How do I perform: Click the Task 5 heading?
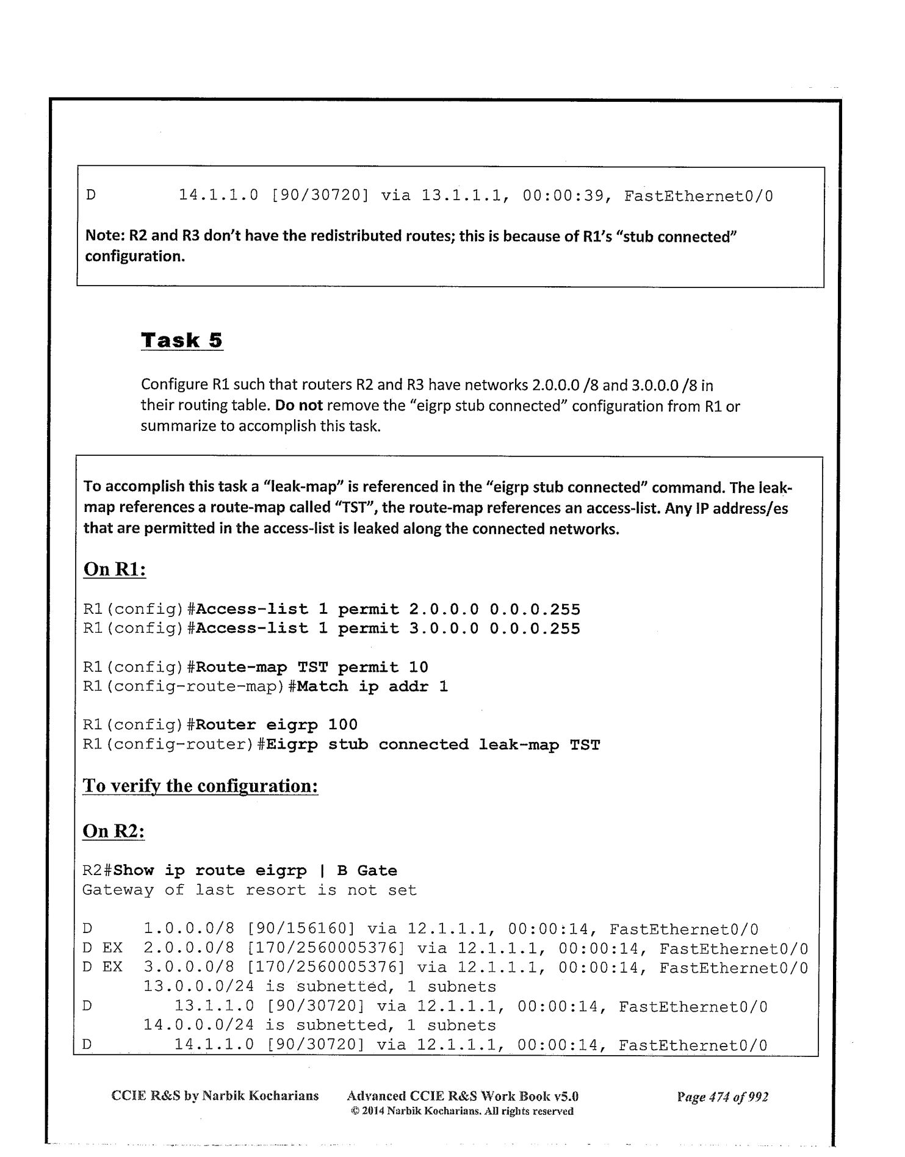point(182,340)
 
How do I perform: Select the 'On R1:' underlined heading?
point(115,569)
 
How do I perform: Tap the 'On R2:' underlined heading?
point(114,831)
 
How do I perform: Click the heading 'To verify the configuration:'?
point(200,785)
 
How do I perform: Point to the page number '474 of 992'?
point(722,1097)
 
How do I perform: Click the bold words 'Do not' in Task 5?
point(301,406)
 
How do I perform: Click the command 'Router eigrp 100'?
point(276,725)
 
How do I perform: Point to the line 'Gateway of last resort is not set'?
point(249,890)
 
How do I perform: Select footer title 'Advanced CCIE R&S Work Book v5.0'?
point(462,1096)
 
